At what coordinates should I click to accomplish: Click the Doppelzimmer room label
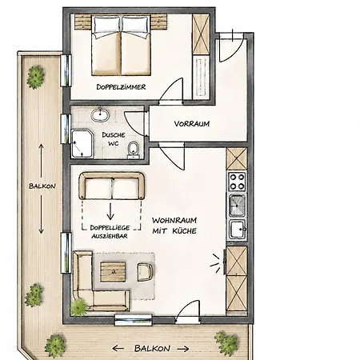click(x=121, y=87)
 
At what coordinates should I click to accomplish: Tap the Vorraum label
click(x=192, y=124)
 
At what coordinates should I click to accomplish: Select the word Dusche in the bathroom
click(x=114, y=135)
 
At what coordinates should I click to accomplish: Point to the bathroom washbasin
click(x=100, y=115)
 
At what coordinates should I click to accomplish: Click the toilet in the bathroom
click(x=134, y=150)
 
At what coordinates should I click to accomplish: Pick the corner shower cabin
click(x=82, y=143)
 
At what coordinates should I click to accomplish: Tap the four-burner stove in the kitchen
click(x=237, y=182)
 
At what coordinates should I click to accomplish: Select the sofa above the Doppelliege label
click(x=112, y=186)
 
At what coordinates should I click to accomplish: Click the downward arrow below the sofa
click(x=110, y=211)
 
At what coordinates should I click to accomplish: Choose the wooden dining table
click(x=113, y=272)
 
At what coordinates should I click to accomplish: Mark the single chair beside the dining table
click(x=146, y=272)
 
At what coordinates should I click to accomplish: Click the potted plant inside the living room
click(x=79, y=307)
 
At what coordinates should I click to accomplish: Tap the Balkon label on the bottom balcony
click(x=152, y=348)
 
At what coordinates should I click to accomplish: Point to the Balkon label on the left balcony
click(x=42, y=186)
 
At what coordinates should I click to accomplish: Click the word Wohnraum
click(x=174, y=221)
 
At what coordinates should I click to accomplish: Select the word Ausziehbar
click(x=110, y=236)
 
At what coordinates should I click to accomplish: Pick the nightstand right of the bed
click(x=159, y=22)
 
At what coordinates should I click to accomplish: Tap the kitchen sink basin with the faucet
click(x=238, y=229)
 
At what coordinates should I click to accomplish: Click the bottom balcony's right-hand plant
click(x=227, y=343)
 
